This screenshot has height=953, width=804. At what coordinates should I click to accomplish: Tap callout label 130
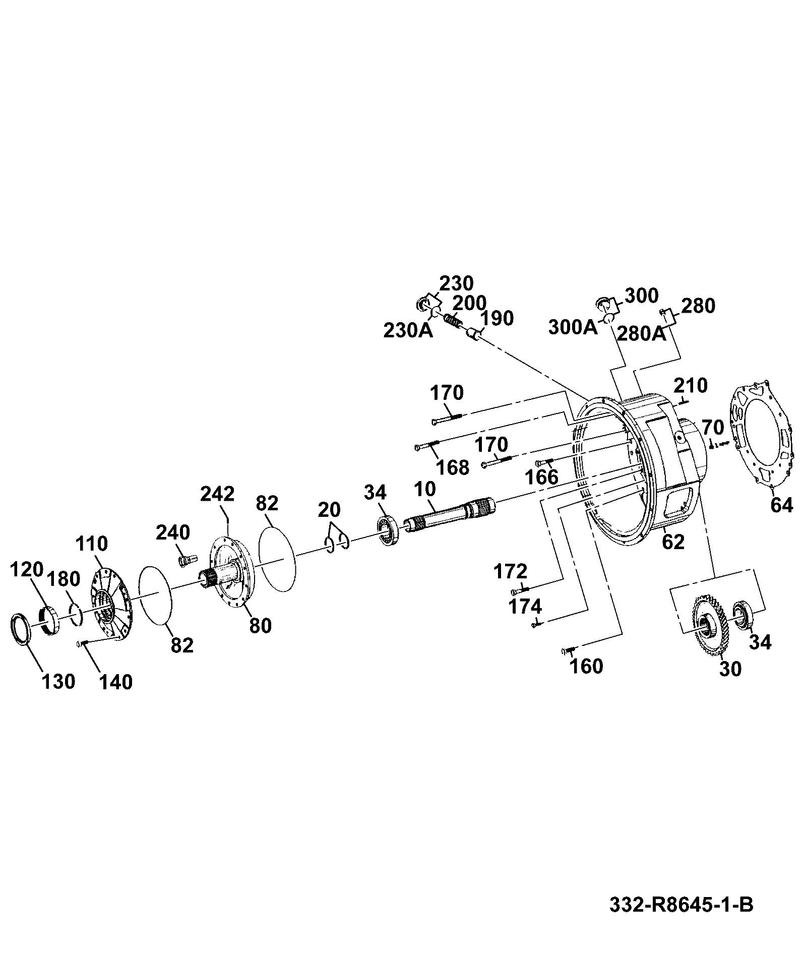(x=58, y=682)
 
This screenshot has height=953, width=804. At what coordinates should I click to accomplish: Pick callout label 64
(x=781, y=505)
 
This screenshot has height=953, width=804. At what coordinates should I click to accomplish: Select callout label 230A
(x=408, y=331)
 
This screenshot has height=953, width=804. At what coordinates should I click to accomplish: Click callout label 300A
(x=573, y=328)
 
